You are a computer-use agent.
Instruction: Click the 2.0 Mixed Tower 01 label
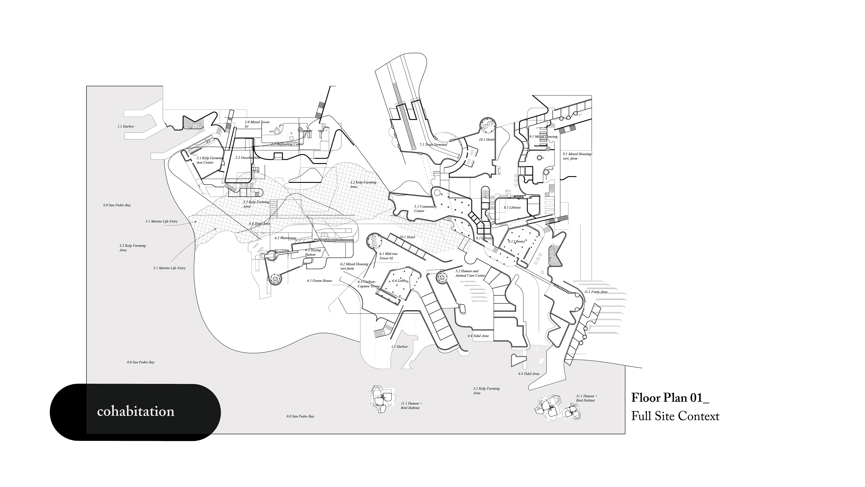coord(257,124)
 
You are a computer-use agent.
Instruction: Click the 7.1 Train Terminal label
coord(433,145)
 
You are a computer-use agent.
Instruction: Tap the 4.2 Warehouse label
coord(285,238)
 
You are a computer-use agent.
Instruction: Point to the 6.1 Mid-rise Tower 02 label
coord(388,256)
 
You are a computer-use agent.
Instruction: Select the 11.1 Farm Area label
coord(596,292)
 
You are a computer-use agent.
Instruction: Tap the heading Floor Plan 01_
coord(670,397)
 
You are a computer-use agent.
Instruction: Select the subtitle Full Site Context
coord(675,416)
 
